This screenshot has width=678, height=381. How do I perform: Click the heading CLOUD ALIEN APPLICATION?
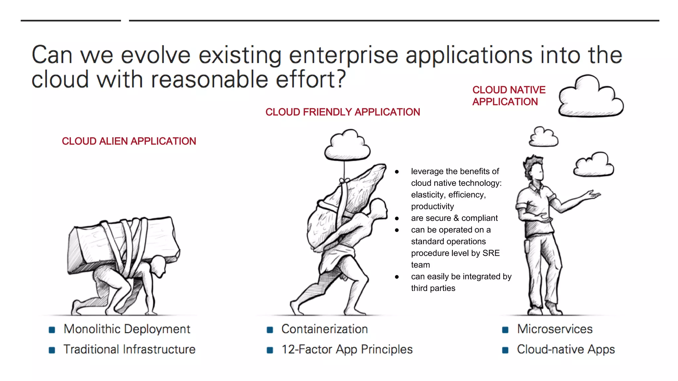[x=129, y=141]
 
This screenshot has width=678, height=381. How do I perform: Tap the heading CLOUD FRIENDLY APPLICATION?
[x=343, y=112]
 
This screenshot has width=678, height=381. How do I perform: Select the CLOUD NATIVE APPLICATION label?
[x=508, y=96]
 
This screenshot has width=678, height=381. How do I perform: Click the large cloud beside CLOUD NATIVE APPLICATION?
[x=591, y=98]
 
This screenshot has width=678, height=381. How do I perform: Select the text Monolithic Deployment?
[x=127, y=329]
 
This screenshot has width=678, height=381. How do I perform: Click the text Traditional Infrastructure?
[x=129, y=349]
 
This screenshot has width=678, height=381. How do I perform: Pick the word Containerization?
[x=324, y=329]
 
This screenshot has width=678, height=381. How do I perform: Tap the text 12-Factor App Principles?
[x=347, y=349]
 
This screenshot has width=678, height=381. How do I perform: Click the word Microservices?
[x=555, y=329]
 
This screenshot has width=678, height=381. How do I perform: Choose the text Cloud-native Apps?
[x=566, y=349]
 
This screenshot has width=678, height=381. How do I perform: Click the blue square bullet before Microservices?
[x=505, y=330]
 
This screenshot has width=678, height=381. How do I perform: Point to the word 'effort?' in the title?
[x=311, y=79]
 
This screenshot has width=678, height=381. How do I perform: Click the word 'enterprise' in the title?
[x=343, y=55]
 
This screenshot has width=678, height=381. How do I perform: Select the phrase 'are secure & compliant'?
[x=454, y=218]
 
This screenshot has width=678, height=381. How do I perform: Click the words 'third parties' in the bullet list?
[x=433, y=288]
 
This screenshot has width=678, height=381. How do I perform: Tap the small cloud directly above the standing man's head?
[x=544, y=137]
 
